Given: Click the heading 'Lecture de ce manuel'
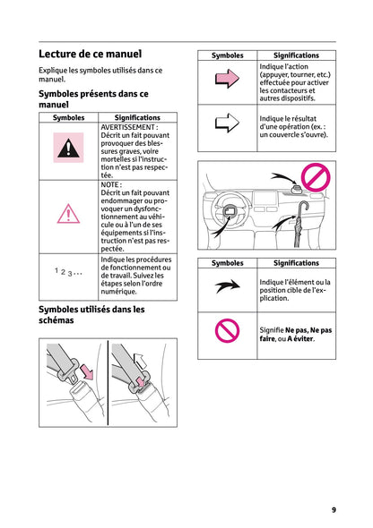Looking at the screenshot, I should click(90, 55).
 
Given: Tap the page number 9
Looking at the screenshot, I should click(334, 509).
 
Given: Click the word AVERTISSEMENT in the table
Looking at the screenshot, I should click(129, 128).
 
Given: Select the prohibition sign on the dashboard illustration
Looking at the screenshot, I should click(316, 176).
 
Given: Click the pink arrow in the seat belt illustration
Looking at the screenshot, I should click(86, 369).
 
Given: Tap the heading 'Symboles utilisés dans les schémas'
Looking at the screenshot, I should click(91, 315).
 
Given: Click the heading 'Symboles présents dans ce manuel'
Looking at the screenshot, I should click(93, 98).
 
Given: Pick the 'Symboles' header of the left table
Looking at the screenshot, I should click(69, 117).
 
